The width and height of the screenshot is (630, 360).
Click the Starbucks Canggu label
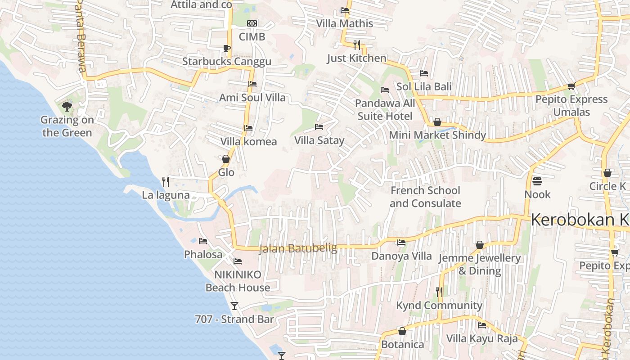227,62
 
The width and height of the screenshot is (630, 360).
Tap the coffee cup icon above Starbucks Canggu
227,48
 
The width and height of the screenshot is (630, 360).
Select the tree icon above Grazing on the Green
67,107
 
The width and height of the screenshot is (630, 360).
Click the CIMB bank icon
252,23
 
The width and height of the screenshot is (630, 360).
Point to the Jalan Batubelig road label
298,248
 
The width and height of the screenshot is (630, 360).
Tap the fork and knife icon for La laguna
166,182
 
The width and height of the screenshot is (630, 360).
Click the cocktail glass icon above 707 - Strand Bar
234,306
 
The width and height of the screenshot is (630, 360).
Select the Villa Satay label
319,140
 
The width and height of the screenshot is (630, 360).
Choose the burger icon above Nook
537,181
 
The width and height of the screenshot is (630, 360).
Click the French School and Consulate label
425,197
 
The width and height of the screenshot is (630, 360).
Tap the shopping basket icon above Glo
226,159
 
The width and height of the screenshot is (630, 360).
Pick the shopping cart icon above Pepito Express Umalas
571,86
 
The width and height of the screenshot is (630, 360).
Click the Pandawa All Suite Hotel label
385,110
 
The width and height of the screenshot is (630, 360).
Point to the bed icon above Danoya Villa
401,243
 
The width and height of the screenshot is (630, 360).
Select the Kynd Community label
439,306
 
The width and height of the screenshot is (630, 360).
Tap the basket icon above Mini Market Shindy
437,122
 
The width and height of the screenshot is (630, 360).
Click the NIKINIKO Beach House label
238,281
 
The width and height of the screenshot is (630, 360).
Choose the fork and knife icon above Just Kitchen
357,45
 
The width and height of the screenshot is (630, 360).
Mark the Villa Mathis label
345,23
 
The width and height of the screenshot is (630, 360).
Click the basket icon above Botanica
402,331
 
